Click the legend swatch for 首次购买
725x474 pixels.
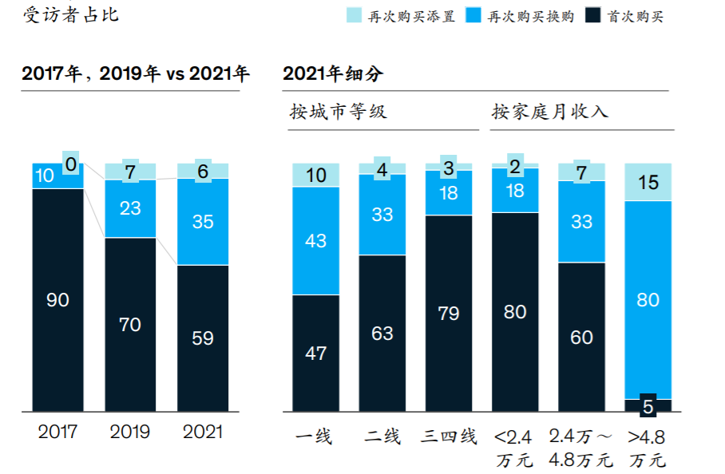coord(594,15)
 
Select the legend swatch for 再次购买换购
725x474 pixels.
coord(475,15)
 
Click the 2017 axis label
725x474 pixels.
coord(57,432)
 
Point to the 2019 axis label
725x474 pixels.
coord(130,432)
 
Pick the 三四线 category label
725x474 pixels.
coord(449,436)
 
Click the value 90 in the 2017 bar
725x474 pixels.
coord(57,300)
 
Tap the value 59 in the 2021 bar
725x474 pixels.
coord(203,338)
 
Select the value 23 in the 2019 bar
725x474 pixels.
coord(130,208)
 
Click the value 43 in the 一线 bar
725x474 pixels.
coord(316,240)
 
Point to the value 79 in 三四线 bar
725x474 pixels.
coord(449,314)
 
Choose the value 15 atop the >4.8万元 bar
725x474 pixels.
coord(648,183)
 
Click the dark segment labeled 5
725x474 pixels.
coord(648,406)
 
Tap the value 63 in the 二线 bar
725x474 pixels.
coord(382,333)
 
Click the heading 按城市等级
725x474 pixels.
coord(339,112)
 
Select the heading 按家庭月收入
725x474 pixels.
coord(550,112)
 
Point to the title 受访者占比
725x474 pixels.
coord(71,15)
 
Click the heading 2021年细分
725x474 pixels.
coord(333,74)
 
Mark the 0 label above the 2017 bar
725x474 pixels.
coord(71,164)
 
